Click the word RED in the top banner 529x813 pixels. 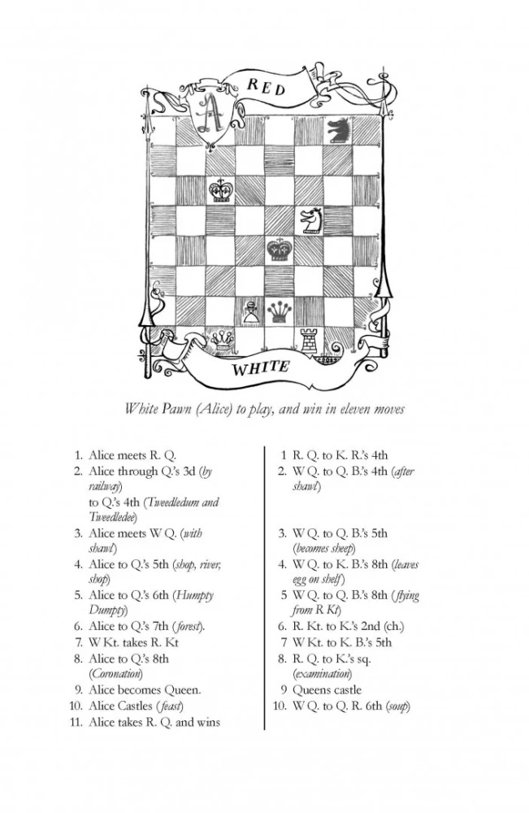point(266,86)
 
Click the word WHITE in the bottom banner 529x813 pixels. point(260,368)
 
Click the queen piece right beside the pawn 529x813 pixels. point(280,312)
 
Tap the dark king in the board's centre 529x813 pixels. point(280,250)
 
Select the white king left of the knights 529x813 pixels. point(220,190)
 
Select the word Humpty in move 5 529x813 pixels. point(195,595)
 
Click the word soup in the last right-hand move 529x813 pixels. point(398,706)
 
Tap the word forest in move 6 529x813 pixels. point(188,626)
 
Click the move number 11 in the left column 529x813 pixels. point(76,722)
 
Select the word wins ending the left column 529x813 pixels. point(209,722)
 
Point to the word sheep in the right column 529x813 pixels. point(341,549)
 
